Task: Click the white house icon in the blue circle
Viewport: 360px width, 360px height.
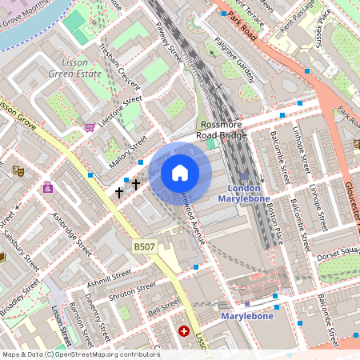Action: click(x=180, y=172)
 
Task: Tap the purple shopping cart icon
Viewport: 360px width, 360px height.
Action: click(x=89, y=126)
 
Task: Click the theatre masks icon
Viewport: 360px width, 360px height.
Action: click(x=16, y=170)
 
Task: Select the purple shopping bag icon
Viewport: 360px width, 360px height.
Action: click(x=48, y=188)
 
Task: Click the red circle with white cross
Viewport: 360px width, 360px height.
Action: click(x=184, y=330)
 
